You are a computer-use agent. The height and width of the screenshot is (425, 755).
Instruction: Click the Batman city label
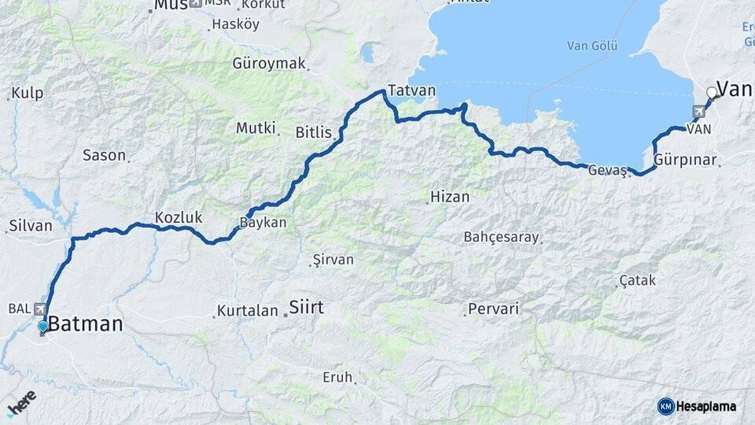(86, 323)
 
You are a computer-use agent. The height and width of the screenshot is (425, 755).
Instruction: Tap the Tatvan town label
(411, 91)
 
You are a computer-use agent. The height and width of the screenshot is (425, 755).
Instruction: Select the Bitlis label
(313, 132)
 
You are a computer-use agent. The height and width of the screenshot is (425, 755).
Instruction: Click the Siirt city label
(306, 307)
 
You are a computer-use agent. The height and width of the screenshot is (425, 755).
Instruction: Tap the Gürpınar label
(685, 160)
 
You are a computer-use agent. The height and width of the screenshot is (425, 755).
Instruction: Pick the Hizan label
(450, 198)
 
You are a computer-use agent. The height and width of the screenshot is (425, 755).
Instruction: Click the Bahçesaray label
(501, 236)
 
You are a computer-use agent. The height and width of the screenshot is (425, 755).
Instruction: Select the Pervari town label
(493, 309)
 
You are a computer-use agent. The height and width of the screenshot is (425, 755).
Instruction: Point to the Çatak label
(637, 280)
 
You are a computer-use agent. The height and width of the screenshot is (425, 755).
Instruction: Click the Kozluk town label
(179, 217)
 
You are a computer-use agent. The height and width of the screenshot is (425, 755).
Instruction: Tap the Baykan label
(263, 223)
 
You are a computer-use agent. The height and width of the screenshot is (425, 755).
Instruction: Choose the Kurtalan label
(248, 310)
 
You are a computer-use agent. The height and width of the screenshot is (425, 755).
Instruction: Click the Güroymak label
(269, 64)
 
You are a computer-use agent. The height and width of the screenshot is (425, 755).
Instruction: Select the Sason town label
(104, 155)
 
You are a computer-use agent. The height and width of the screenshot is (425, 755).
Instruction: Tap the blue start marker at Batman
(42, 326)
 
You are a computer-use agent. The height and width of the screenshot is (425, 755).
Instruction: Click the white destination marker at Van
(712, 93)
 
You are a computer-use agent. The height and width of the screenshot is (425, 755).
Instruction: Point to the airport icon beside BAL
(39, 309)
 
